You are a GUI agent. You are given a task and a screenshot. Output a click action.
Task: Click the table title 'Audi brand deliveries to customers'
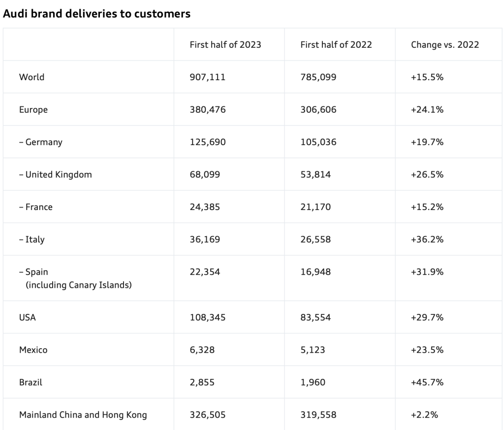pyautogui.click(x=96, y=14)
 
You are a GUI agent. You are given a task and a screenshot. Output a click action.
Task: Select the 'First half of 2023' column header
pyautogui.click(x=225, y=45)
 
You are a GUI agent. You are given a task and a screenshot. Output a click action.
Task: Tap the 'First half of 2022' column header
pyautogui.click(x=336, y=45)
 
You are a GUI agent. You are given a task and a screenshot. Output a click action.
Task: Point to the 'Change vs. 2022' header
pyautogui.click(x=445, y=45)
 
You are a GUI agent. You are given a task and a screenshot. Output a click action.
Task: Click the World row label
pyautogui.click(x=31, y=77)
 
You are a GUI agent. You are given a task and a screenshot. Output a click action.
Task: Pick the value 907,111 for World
pyautogui.click(x=208, y=77)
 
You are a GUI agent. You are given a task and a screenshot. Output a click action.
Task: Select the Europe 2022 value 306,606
pyautogui.click(x=318, y=110)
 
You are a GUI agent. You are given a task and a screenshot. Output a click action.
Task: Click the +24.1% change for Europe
pyautogui.click(x=427, y=110)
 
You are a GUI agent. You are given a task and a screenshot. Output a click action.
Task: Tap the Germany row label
pyautogui.click(x=41, y=142)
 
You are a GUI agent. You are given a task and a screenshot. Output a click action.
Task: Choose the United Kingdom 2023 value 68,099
pyautogui.click(x=205, y=175)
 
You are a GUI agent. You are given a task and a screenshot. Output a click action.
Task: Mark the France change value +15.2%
pyautogui.click(x=427, y=207)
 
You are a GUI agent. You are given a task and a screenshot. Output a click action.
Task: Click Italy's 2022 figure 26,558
pyautogui.click(x=315, y=240)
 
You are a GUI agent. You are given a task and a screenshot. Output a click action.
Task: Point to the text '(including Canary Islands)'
pyautogui.click(x=79, y=285)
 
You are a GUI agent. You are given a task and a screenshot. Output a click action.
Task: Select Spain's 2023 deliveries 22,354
pyautogui.click(x=205, y=272)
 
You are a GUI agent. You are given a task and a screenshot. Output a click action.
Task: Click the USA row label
pyautogui.click(x=28, y=318)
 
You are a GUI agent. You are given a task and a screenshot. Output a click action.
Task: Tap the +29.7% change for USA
pyautogui.click(x=427, y=318)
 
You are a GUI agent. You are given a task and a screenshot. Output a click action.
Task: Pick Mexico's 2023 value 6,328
pyautogui.click(x=202, y=350)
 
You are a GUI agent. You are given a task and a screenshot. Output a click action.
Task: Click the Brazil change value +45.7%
pyautogui.click(x=427, y=382)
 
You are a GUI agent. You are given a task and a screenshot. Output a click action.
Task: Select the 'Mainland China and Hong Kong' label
pyautogui.click(x=83, y=415)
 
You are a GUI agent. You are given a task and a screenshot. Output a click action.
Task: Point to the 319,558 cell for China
pyautogui.click(x=318, y=415)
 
